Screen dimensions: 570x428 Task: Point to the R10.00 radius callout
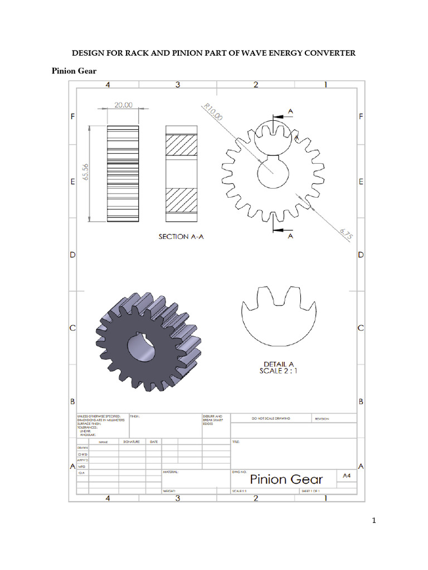213,114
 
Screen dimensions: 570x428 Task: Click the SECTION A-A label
181,237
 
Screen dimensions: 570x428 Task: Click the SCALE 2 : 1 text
279,371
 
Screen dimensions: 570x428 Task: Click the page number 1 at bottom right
375,521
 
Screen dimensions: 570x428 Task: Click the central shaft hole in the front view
273,174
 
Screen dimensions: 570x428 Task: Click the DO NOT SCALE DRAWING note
271,418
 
